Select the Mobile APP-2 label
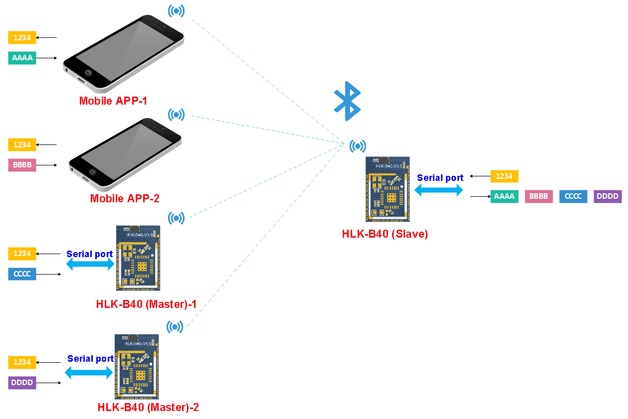125,198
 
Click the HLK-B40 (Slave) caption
385,234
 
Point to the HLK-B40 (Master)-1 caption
146,303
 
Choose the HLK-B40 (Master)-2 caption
148,407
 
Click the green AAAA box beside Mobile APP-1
22,58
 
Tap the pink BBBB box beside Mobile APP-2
22,165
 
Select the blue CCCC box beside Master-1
22,274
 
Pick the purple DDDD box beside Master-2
22,383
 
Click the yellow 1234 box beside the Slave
504,176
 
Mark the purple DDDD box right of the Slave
608,196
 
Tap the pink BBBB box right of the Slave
539,196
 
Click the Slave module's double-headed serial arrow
438,189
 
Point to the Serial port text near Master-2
90,359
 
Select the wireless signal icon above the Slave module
357,146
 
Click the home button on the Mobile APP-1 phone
88,72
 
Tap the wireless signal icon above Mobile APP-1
176,10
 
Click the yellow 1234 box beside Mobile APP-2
22,145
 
